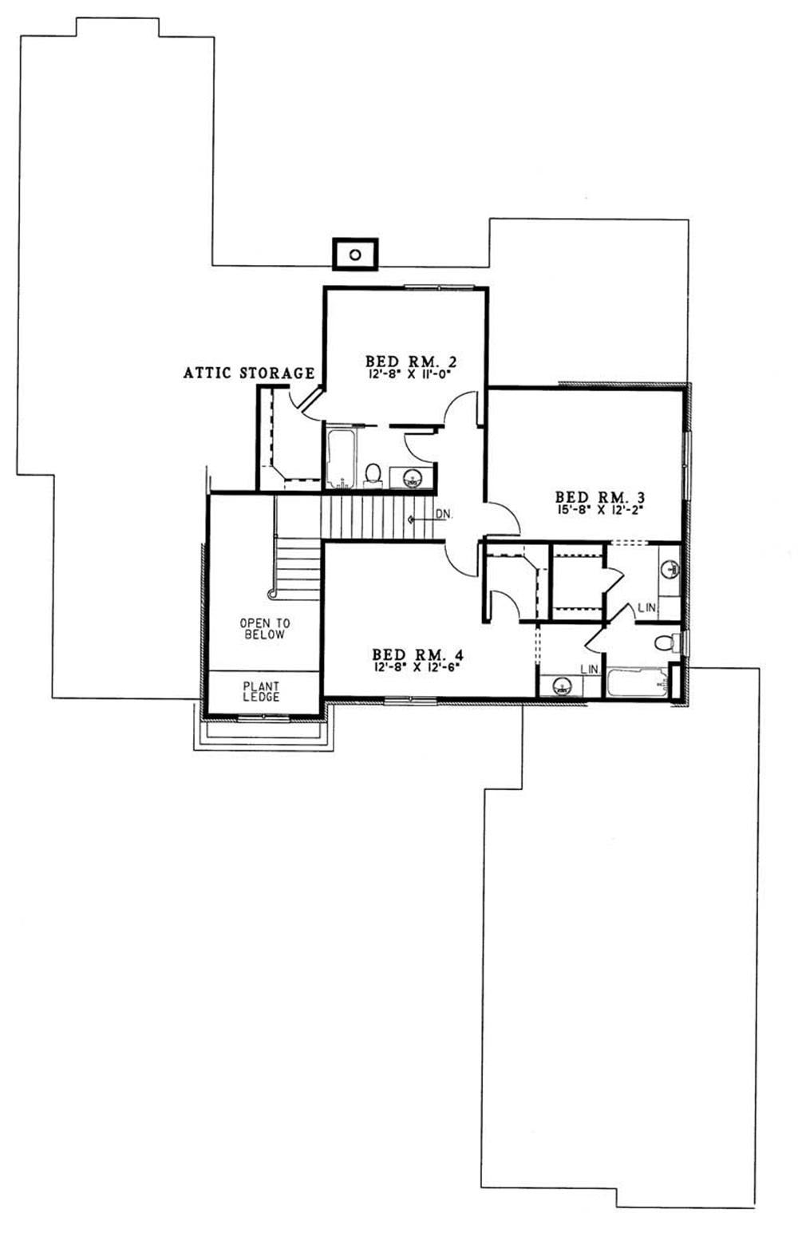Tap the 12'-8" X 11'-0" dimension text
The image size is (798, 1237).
[405, 373]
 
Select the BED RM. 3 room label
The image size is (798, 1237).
[599, 496]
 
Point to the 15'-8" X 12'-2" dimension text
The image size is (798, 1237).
[599, 508]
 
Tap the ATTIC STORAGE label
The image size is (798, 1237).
[249, 373]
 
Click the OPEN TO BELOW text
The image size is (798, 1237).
[263, 629]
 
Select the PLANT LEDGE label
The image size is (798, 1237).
[262, 692]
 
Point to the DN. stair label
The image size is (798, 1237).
[444, 516]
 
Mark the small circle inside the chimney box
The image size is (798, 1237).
[355, 255]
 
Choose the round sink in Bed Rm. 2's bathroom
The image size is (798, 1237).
[413, 479]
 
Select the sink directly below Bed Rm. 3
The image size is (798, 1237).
[670, 569]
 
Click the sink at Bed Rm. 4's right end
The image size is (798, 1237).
[563, 686]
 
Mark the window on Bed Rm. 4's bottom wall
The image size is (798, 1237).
[409, 701]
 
